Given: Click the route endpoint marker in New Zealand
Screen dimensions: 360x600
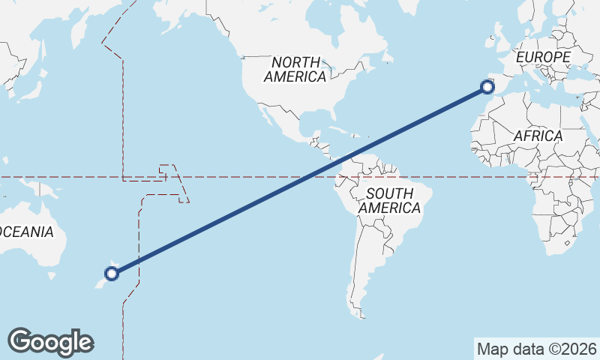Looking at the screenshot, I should coord(112,274).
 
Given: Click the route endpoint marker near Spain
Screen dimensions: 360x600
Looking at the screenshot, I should coord(488,88).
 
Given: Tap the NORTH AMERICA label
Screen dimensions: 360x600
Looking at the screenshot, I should coord(295,69).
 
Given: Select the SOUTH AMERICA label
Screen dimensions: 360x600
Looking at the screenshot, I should coord(389,201).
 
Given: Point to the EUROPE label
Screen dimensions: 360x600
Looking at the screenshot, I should coord(543,57).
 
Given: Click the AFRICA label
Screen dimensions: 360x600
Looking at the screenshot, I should coord(538,136).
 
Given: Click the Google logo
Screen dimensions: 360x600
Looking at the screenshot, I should coord(50,341).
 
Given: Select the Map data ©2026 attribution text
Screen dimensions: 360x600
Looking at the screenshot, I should coord(536,349).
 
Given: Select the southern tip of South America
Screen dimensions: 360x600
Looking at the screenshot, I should coord(362,313).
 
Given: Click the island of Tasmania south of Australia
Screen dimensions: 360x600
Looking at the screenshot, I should coord(52,276).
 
